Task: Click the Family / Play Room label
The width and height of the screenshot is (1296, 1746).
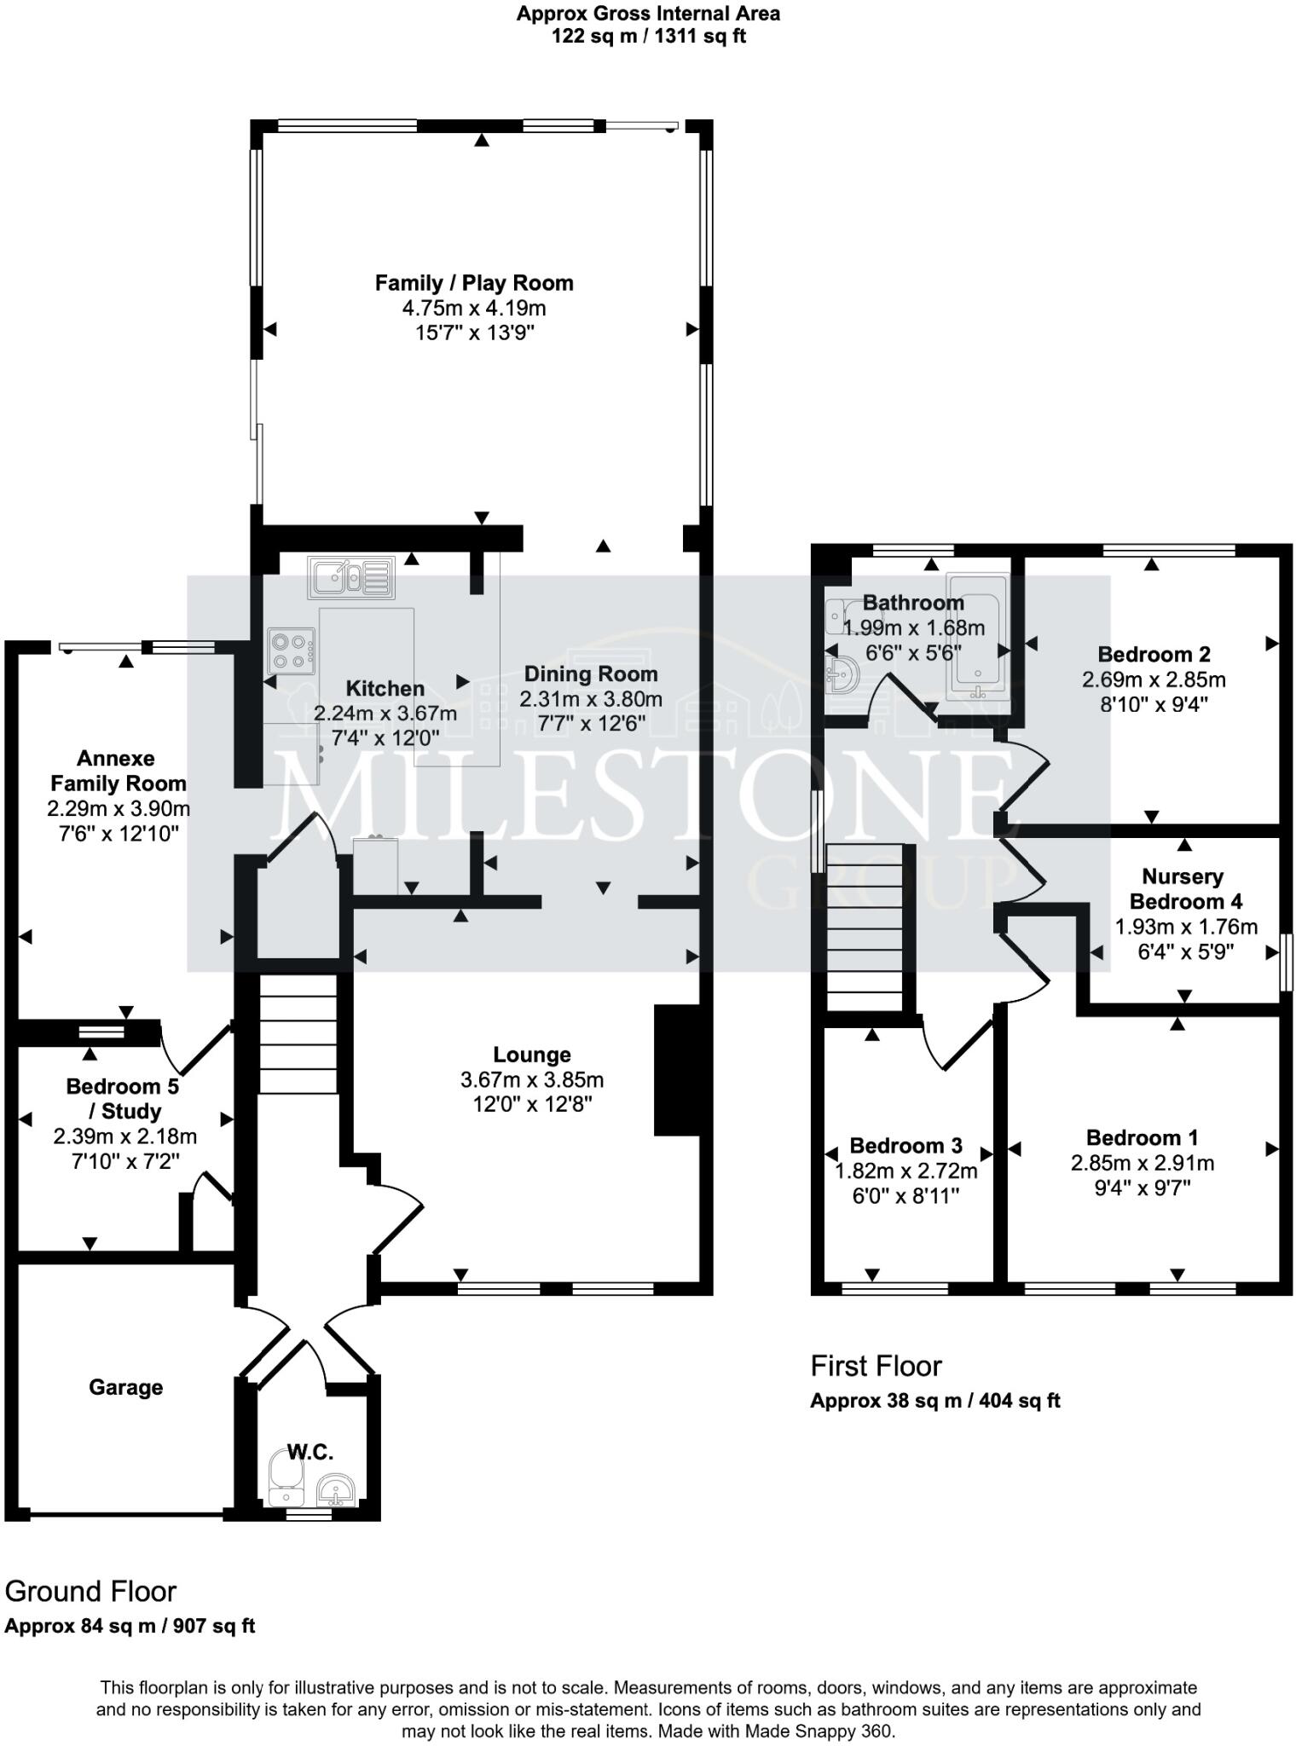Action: [x=474, y=283]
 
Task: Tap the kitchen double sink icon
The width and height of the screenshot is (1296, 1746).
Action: [x=351, y=577]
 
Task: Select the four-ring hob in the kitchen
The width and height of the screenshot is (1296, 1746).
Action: [x=291, y=650]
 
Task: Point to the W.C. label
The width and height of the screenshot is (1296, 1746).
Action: [x=310, y=1452]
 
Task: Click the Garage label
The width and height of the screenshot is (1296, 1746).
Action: [x=125, y=1387]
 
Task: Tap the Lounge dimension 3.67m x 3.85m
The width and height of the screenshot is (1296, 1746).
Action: [x=532, y=1079]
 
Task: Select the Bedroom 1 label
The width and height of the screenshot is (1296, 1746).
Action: [x=1142, y=1137]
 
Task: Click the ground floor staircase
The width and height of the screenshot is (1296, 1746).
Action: [x=298, y=1034]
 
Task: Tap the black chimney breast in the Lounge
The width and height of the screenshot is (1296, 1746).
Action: [x=676, y=1070]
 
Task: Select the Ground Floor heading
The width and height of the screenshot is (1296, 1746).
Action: [x=90, y=1591]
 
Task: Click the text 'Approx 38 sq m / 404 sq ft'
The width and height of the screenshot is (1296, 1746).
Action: [x=934, y=1401]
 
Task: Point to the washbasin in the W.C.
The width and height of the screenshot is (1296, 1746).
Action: [x=336, y=1492]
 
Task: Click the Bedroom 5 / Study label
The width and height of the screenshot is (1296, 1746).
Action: [x=122, y=1098]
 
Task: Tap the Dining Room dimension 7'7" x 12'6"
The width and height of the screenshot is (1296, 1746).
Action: [x=590, y=724]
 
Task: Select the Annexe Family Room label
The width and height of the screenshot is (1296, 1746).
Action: [x=118, y=771]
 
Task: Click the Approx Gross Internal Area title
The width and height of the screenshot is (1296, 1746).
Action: [x=648, y=14]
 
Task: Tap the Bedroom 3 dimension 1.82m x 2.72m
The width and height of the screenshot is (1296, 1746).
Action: [x=905, y=1171]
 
